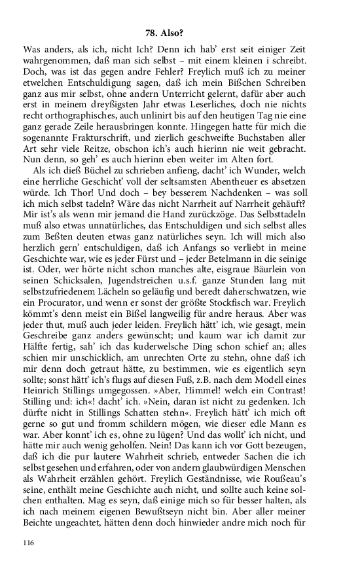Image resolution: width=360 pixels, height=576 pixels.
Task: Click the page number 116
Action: point(28,543)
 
